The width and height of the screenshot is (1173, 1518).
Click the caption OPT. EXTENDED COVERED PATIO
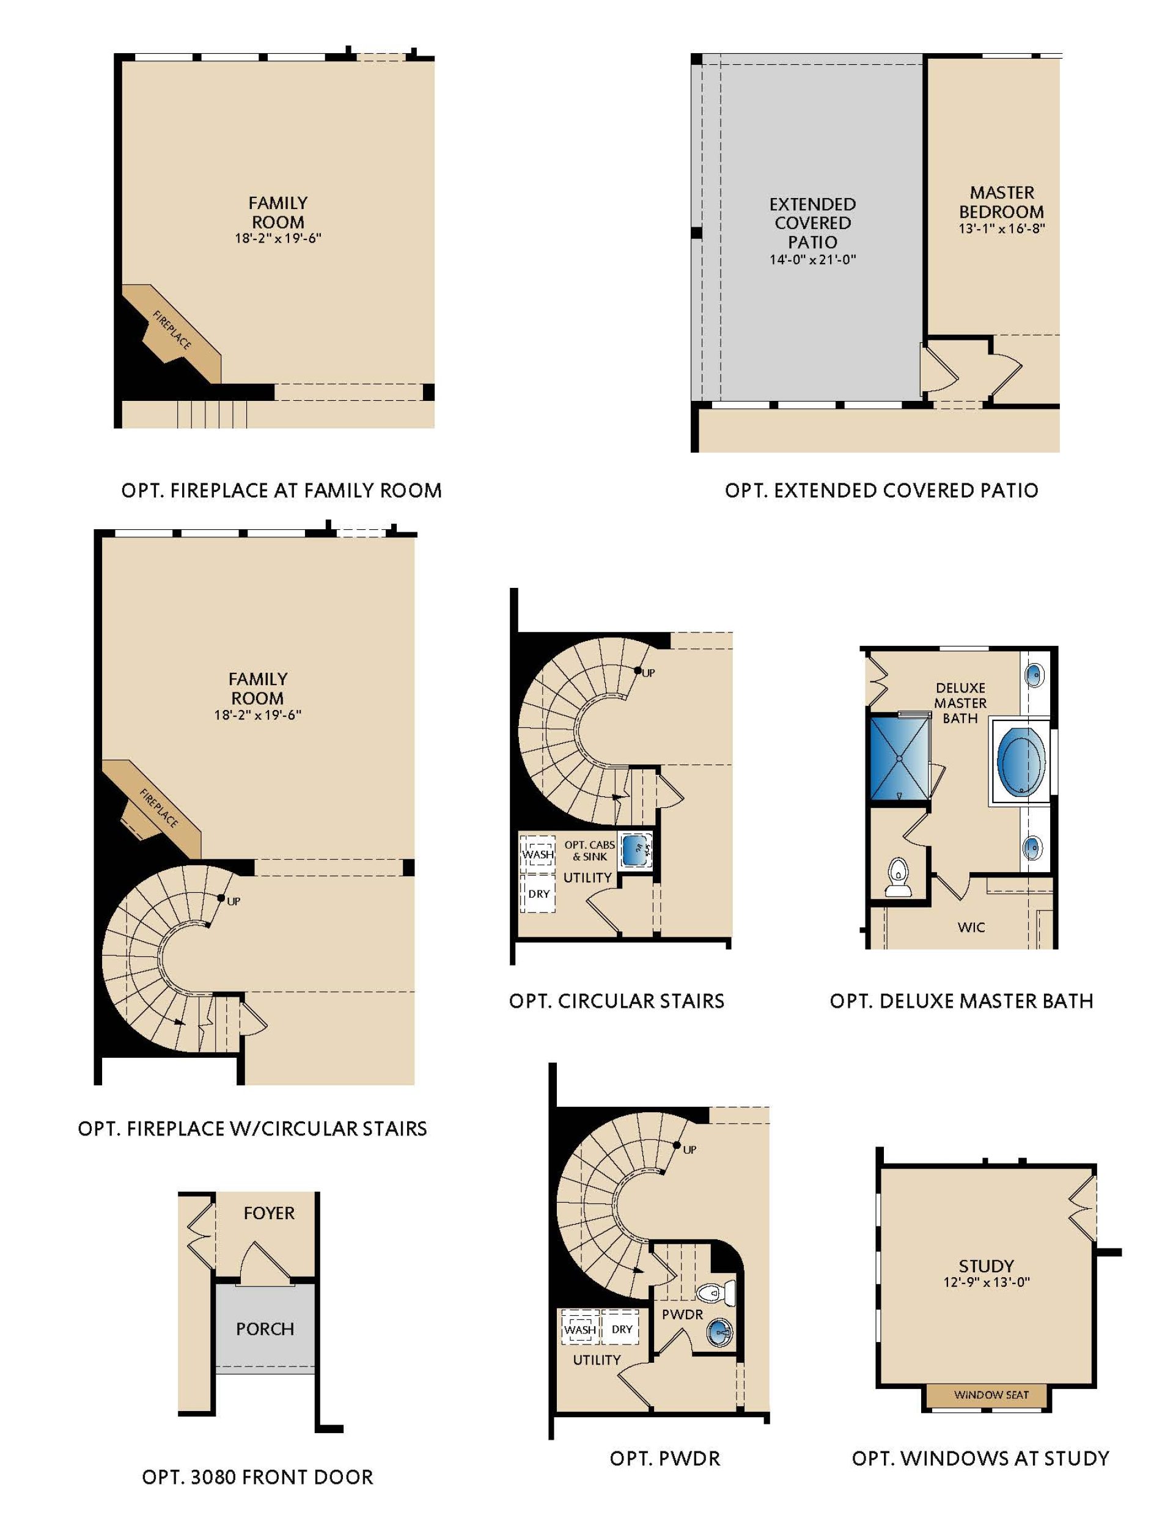coord(881,491)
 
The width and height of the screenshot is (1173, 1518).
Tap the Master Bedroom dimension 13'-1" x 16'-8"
coord(1002,229)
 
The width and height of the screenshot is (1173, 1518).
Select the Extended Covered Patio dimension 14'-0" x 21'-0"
coord(812,260)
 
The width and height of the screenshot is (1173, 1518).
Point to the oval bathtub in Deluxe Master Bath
coord(1020,763)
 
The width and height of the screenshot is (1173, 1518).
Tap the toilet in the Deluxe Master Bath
coord(898,879)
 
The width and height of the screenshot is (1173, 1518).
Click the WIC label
coord(971,927)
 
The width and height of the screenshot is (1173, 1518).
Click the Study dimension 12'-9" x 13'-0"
coord(986,1282)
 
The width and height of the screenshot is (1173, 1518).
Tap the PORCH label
coord(265,1329)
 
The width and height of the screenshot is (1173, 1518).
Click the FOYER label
coord(269,1213)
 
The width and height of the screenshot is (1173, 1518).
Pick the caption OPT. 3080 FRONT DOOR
coord(257,1477)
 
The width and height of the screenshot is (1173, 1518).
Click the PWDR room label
coord(682,1314)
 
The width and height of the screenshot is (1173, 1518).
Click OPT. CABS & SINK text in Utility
coord(590,851)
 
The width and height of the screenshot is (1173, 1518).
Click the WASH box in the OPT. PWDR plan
coord(580,1330)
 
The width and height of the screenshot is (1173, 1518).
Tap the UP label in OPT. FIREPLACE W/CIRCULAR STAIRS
coord(233,901)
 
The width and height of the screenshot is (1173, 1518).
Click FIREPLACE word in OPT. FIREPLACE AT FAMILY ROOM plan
coord(172,330)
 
